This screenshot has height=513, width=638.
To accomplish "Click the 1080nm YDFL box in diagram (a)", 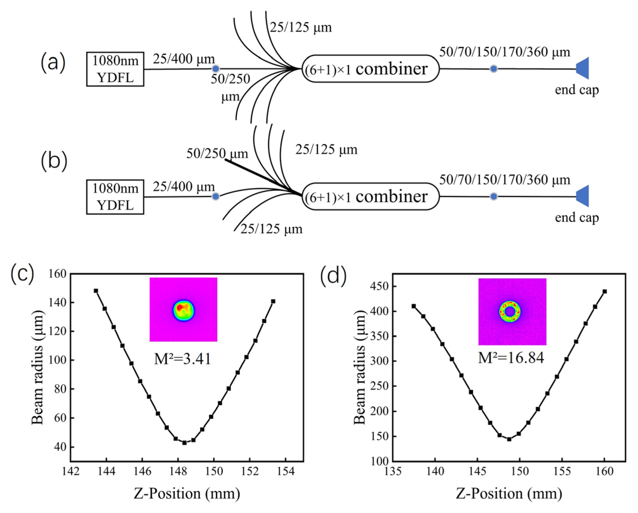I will point(115,69).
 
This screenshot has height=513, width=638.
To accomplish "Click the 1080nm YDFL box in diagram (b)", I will point(115,197).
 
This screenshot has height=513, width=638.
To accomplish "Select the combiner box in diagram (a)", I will point(371,69).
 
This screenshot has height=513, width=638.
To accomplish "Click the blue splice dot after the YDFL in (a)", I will point(216,69).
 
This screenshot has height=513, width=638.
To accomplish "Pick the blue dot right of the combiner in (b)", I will point(494,196).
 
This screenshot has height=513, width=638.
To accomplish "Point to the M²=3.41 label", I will point(183,359).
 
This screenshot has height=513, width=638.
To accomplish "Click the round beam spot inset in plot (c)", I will point(183,310).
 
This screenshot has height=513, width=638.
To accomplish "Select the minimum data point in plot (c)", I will point(184,443).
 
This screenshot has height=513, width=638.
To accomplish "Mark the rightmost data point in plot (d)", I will point(605,291).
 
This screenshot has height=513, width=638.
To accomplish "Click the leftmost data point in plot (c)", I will point(96,291).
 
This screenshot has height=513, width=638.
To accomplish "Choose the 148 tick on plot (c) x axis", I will point(178,471).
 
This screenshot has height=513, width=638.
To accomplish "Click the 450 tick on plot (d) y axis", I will point(380,286).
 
